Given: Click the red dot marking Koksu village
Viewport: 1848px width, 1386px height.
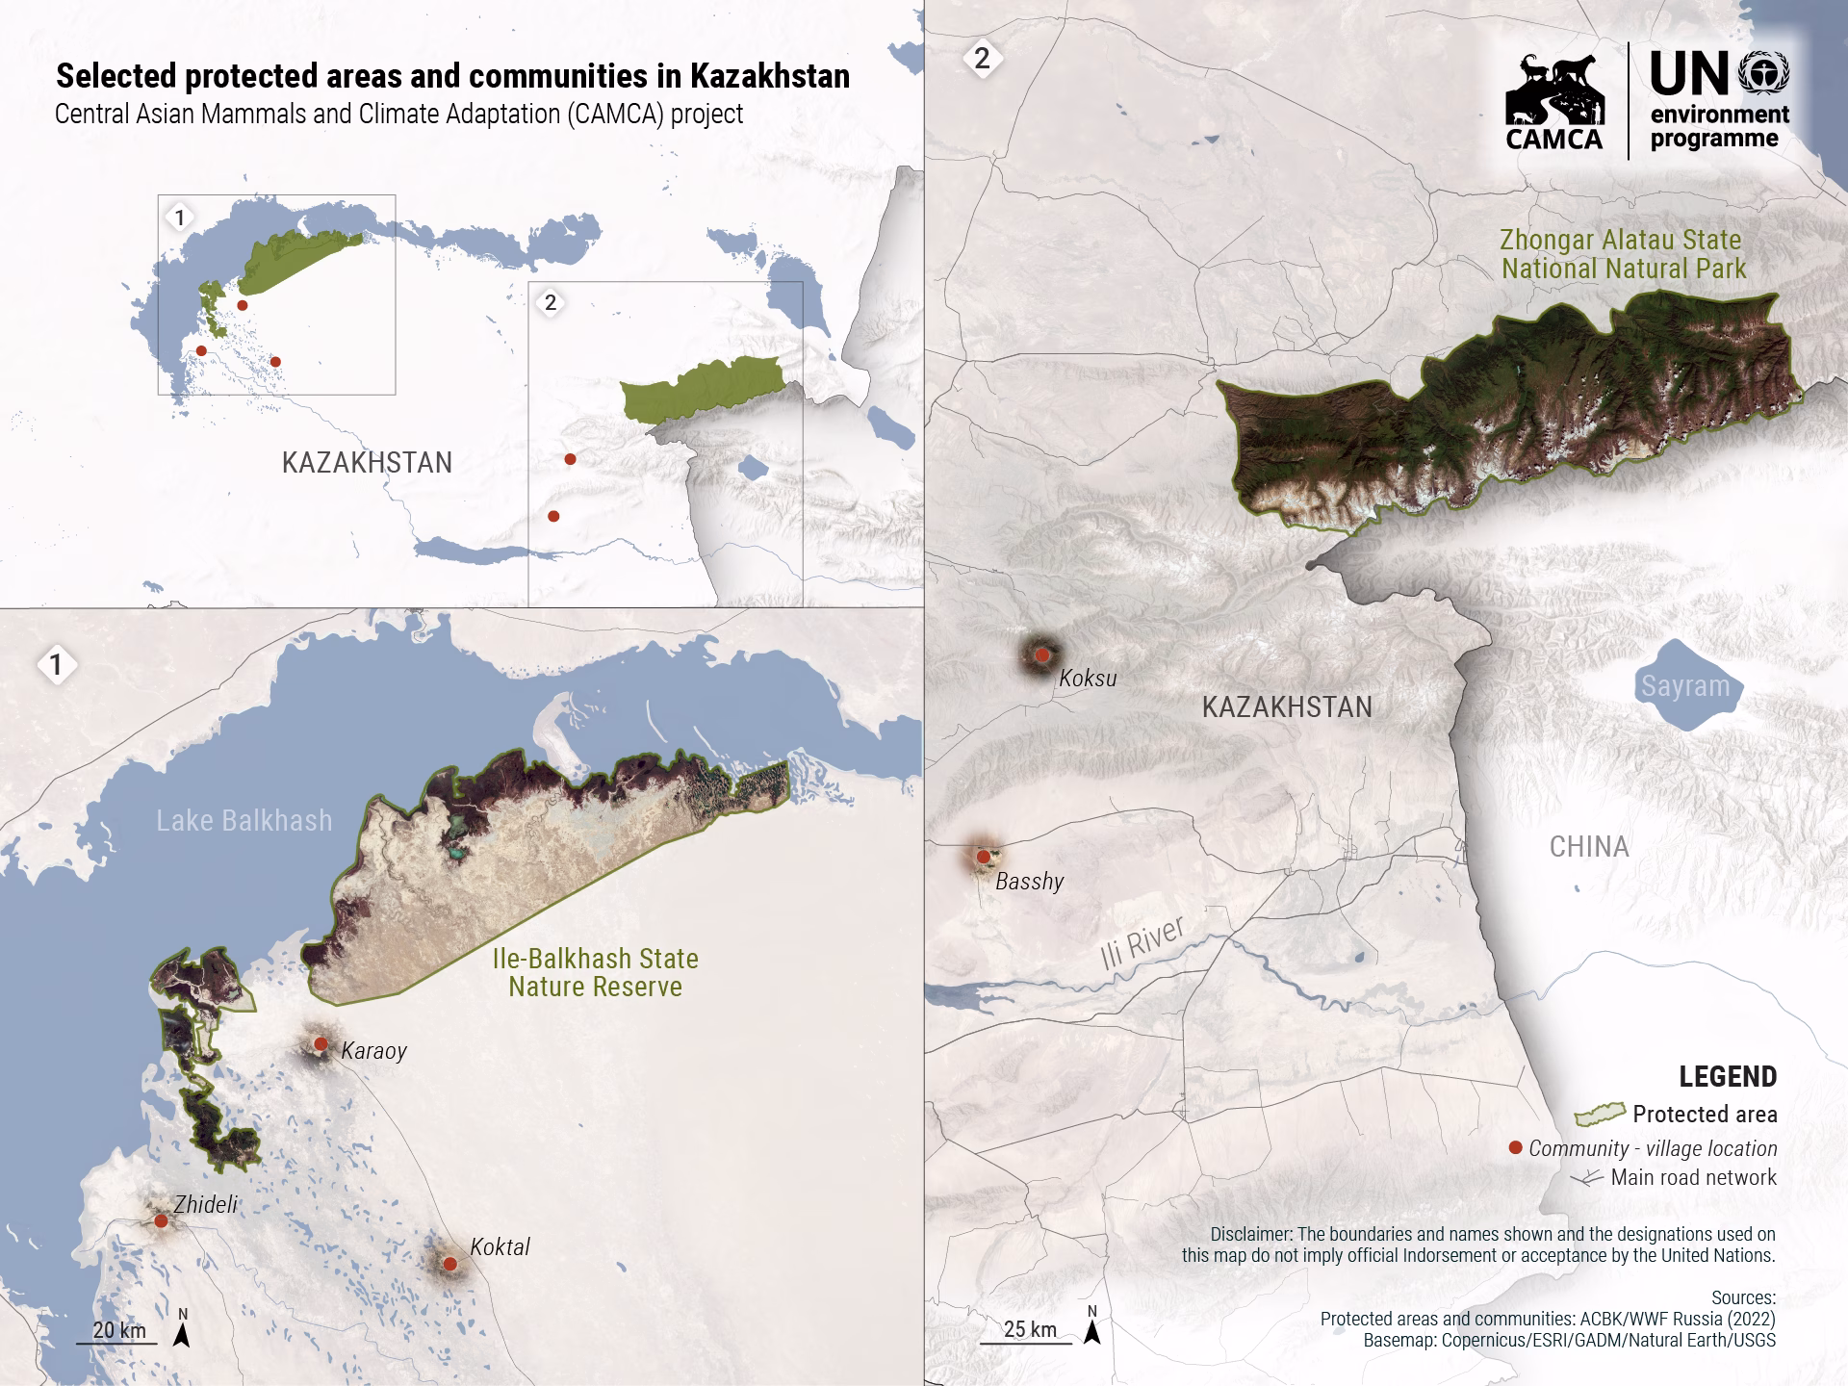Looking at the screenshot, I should point(1041,654).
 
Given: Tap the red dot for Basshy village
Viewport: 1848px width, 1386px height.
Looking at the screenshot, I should point(983,856).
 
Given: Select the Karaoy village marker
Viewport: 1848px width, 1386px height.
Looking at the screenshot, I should point(321,1043).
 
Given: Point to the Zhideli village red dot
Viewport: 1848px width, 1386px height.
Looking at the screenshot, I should point(161,1220).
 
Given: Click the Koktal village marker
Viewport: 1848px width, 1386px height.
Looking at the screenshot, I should point(449,1263).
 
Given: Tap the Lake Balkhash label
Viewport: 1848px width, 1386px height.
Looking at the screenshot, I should point(244,820).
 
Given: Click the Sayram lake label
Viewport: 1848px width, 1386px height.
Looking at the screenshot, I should point(1685,686).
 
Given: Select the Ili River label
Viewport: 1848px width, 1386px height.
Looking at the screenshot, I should point(1142,943).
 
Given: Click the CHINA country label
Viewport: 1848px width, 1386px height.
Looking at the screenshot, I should point(1589,847).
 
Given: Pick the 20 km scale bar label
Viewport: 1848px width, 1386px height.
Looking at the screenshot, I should point(119,1330).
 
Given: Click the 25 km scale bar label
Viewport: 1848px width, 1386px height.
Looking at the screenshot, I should point(1030,1329).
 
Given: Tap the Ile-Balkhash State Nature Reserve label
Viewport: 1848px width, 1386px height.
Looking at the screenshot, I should point(595,972).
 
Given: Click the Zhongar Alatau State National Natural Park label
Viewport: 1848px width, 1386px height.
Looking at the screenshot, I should point(1624,254).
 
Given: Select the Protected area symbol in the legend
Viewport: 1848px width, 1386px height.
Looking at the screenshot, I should point(1599,1115).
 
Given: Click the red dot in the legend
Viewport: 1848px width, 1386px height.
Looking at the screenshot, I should point(1515,1147).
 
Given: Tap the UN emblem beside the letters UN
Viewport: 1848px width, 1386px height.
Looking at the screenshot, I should point(1764,74).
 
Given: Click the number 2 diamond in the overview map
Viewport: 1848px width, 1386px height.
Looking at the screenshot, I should point(551,302).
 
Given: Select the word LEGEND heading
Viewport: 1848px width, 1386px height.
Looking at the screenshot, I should point(1728,1076).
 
